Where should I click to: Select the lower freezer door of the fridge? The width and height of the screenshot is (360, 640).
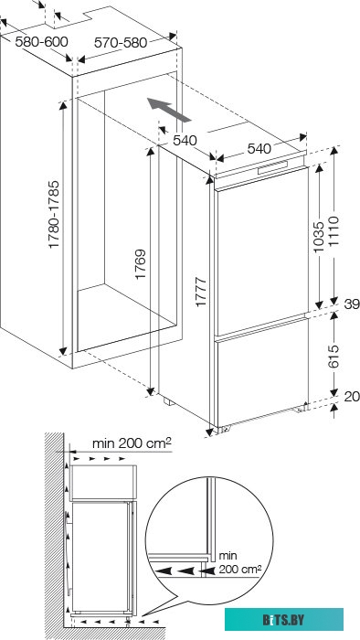click(x=261, y=375)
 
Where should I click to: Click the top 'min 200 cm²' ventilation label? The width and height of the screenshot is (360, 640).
click(x=132, y=443)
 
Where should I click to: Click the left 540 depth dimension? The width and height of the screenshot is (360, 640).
click(x=185, y=140)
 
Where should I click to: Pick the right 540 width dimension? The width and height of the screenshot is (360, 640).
click(x=259, y=148)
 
